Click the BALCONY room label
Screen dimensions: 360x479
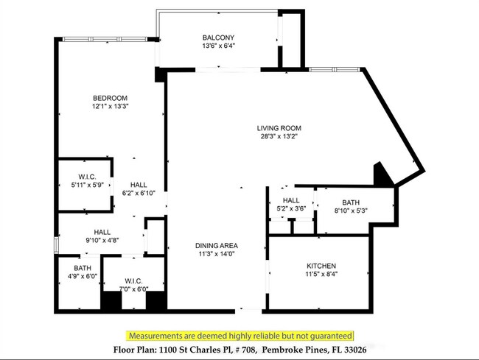tap(218, 38)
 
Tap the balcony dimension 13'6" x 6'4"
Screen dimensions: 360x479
tap(218, 46)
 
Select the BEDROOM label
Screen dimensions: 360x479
tap(110, 98)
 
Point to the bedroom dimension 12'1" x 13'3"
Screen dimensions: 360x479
tap(110, 107)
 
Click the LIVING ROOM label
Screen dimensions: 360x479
tap(279, 127)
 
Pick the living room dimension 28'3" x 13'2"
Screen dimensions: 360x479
tap(279, 136)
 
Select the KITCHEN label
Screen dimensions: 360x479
tap(321, 266)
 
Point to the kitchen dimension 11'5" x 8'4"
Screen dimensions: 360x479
tap(321, 275)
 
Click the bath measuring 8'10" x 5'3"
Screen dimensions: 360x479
tap(350, 207)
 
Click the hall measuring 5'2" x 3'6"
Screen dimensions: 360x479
tap(290, 204)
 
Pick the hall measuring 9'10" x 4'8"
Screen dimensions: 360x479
tap(102, 236)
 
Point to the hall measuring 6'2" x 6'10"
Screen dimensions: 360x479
tap(139, 189)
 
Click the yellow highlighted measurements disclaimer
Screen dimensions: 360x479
tap(239, 335)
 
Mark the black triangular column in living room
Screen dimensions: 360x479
tap(382, 176)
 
